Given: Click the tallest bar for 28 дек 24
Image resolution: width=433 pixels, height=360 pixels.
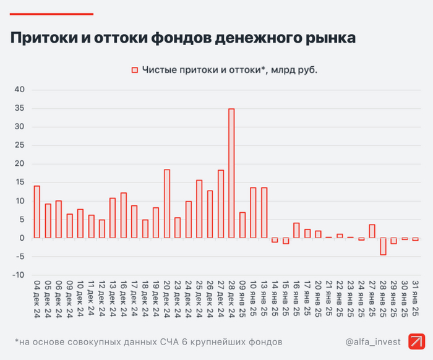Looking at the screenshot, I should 231,173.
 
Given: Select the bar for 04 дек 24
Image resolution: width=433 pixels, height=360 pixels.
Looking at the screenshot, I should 36,212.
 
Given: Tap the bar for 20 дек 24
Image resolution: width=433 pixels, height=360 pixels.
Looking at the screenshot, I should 166,204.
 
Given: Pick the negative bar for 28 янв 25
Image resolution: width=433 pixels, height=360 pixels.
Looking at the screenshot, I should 383,246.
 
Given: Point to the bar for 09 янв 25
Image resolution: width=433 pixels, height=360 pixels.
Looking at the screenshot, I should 242,225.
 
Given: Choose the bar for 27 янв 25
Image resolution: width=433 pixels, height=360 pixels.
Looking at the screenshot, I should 372,231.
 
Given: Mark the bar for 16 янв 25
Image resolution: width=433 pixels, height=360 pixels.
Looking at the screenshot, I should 296,230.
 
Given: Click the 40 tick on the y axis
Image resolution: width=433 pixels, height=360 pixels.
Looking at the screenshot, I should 19,90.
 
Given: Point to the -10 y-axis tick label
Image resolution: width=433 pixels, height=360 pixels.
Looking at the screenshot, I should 18,275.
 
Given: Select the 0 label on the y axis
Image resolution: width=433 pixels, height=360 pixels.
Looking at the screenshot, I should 22,238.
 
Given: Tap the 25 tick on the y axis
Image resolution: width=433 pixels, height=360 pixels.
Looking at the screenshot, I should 19,145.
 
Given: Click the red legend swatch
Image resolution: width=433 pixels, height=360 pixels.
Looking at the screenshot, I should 134,71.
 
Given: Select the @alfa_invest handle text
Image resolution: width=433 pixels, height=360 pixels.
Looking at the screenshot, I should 373,341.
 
